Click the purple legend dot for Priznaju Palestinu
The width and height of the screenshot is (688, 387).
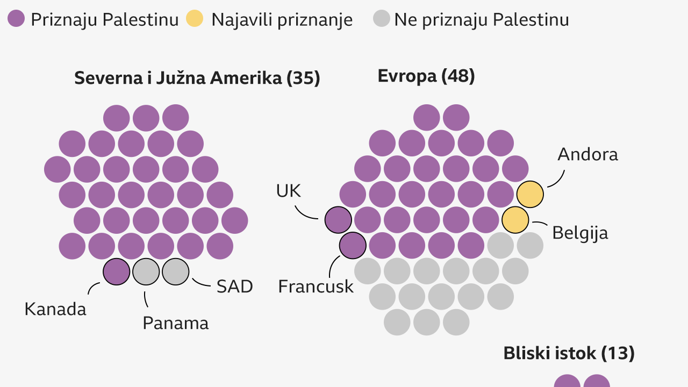pos(16,19)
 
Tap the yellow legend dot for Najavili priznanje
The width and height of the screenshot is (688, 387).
pos(195,19)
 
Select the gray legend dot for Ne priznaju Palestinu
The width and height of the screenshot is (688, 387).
pos(381,19)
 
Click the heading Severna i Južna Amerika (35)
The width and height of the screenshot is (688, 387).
pos(197,78)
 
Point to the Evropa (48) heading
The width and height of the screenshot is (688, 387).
pos(426,76)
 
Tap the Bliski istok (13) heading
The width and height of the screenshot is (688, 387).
pos(569,354)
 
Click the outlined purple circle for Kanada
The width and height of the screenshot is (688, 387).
pos(116,271)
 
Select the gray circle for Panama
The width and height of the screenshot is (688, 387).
pos(146,271)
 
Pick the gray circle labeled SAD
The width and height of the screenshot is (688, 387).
pos(176,271)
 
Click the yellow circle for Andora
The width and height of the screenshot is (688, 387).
pos(530,194)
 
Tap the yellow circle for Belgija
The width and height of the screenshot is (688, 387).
pos(515,220)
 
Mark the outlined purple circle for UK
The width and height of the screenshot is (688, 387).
pos(338,220)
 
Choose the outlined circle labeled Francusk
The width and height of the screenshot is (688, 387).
pos(353,246)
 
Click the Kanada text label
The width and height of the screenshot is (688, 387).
pos(55,310)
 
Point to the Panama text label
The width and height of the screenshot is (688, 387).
pos(175,323)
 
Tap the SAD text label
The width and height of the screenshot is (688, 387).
pos(234,286)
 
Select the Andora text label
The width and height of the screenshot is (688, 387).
pos(587,155)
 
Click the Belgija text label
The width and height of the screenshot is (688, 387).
pos(580,233)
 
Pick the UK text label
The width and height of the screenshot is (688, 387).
pos(289,191)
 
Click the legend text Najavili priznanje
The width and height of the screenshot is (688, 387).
pos(282,20)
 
